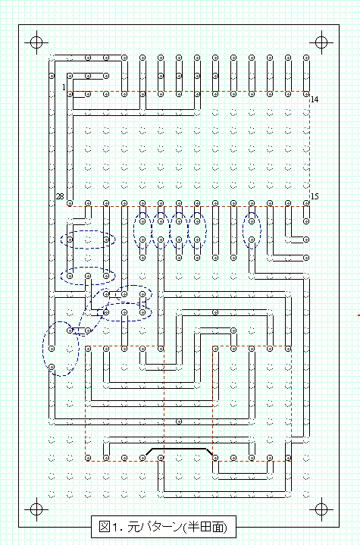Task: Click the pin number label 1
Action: coord(64,87)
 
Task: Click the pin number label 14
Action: coord(315,100)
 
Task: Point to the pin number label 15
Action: coord(315,196)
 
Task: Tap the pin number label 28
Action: coord(60,197)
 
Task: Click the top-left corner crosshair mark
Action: coord(36,42)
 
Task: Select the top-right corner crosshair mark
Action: coord(321,42)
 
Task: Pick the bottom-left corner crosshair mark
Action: coord(36,509)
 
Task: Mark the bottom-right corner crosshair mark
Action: coord(321,509)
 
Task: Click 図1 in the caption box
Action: coord(110,527)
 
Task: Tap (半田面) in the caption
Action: coord(205,528)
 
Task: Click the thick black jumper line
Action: coord(179,449)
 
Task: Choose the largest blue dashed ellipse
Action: coord(61,349)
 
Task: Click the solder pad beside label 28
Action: coord(70,202)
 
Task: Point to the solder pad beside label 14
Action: coord(306,94)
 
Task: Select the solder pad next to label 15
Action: coord(306,202)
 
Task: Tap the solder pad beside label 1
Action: coord(70,94)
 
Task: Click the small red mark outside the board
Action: coord(358,315)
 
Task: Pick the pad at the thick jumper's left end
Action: coord(142,458)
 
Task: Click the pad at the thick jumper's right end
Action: coord(215,458)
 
